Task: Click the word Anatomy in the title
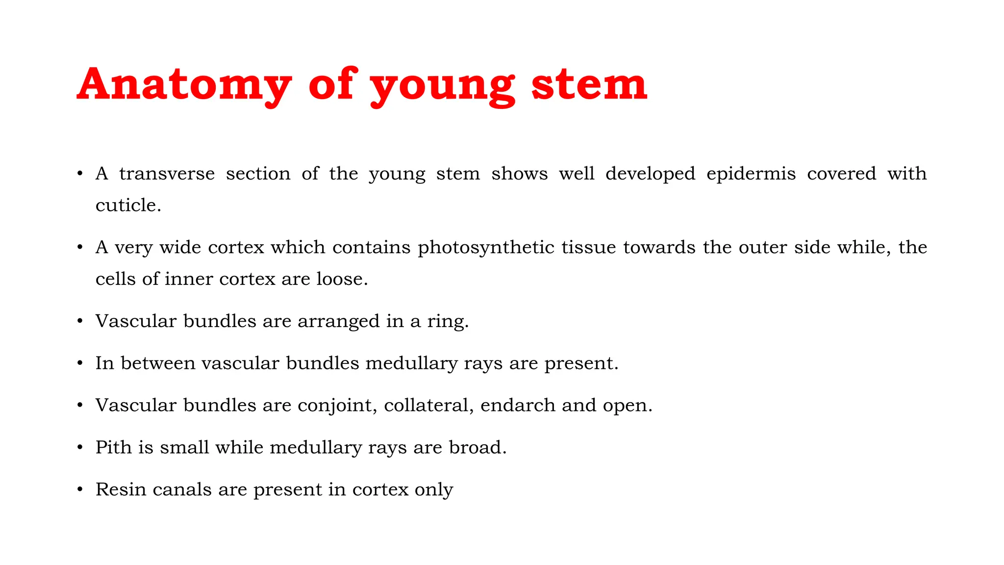[184, 84]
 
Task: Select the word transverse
[167, 174]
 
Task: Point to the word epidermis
[751, 174]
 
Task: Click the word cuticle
[127, 205]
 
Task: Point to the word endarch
[518, 405]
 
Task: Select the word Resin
[121, 489]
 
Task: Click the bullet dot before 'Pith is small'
[80, 448]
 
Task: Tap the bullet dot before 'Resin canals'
[80, 490]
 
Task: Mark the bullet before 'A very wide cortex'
[80, 248]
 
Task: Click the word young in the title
[442, 84]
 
